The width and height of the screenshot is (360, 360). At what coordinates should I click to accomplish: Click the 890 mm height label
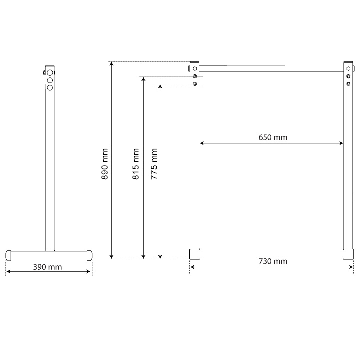pos(105,164)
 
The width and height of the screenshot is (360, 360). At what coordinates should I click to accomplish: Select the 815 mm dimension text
pos(136,164)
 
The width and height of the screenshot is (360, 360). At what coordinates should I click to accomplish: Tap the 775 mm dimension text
pos(154,164)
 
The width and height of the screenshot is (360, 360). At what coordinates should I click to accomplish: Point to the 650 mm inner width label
pos(273,137)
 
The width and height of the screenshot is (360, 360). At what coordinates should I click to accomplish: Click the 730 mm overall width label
pos(273,261)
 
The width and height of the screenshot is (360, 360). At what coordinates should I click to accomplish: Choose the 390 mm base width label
pos(48,267)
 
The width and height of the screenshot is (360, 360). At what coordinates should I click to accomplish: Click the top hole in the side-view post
pos(50,73)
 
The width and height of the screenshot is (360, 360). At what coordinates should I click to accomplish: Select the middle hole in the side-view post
pos(50,80)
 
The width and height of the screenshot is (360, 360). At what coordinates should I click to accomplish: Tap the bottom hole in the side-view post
pos(50,87)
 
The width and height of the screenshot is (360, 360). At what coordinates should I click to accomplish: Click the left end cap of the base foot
pos(8,256)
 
